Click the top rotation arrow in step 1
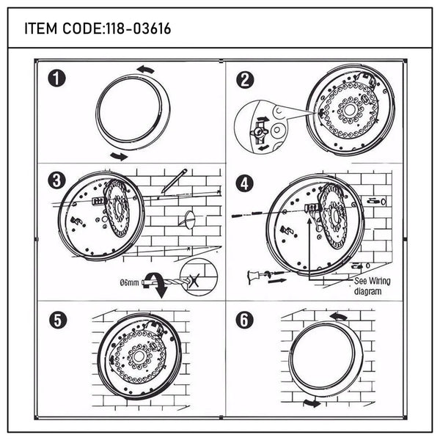pyautogui.click(x=145, y=70)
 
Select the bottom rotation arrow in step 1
pyautogui.click(x=117, y=155)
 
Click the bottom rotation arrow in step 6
pyautogui.click(x=312, y=403)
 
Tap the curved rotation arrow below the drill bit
pyautogui.click(x=161, y=289)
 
